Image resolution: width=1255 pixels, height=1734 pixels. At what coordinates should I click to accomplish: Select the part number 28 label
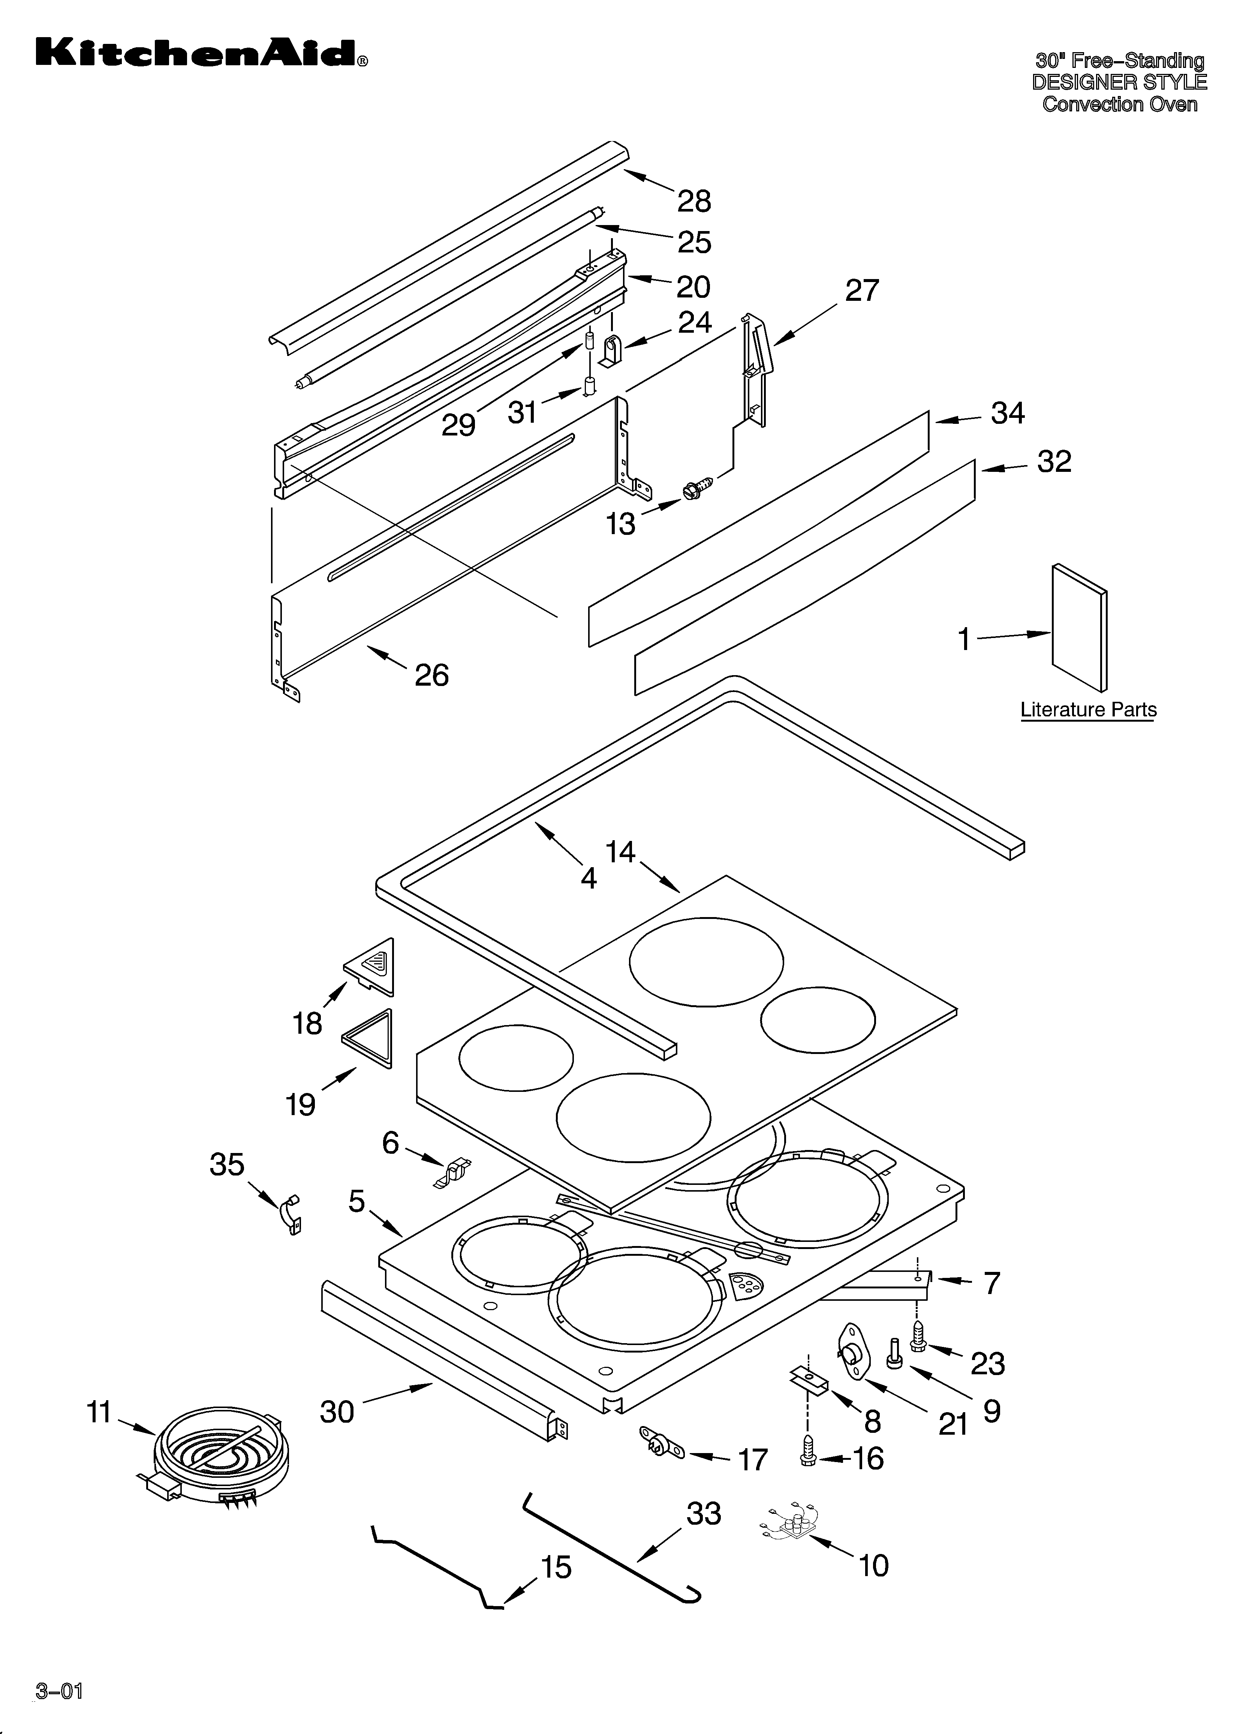(694, 201)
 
